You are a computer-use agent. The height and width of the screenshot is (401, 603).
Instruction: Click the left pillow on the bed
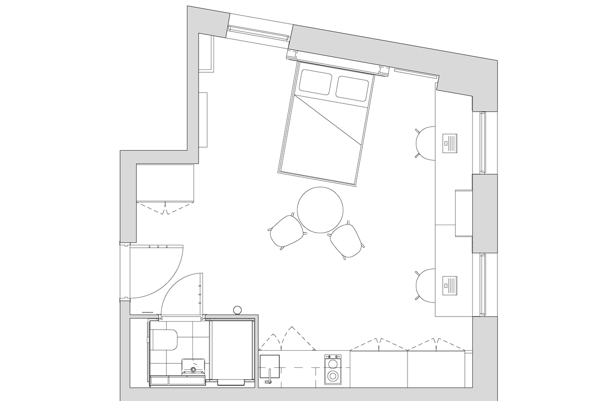(x=316, y=82)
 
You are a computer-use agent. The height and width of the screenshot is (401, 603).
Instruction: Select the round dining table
(x=320, y=210)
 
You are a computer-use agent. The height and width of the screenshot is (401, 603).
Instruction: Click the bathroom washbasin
(x=193, y=366)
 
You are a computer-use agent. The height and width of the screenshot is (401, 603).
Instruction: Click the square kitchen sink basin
(x=270, y=366)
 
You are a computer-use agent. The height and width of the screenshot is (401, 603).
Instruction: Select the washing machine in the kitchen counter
(x=332, y=370)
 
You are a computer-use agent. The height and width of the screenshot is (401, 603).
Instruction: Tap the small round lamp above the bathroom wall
(x=238, y=310)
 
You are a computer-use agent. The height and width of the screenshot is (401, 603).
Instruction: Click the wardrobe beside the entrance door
(x=165, y=183)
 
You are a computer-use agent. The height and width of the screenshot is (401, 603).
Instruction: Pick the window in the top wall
(x=258, y=34)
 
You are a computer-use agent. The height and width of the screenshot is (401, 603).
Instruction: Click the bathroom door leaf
(x=203, y=293)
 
